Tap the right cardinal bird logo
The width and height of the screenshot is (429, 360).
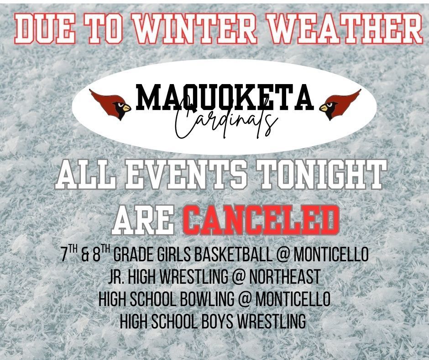tap(340, 105)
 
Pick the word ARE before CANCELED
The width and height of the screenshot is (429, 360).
tap(144, 220)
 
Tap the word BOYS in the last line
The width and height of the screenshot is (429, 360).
tap(217, 321)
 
